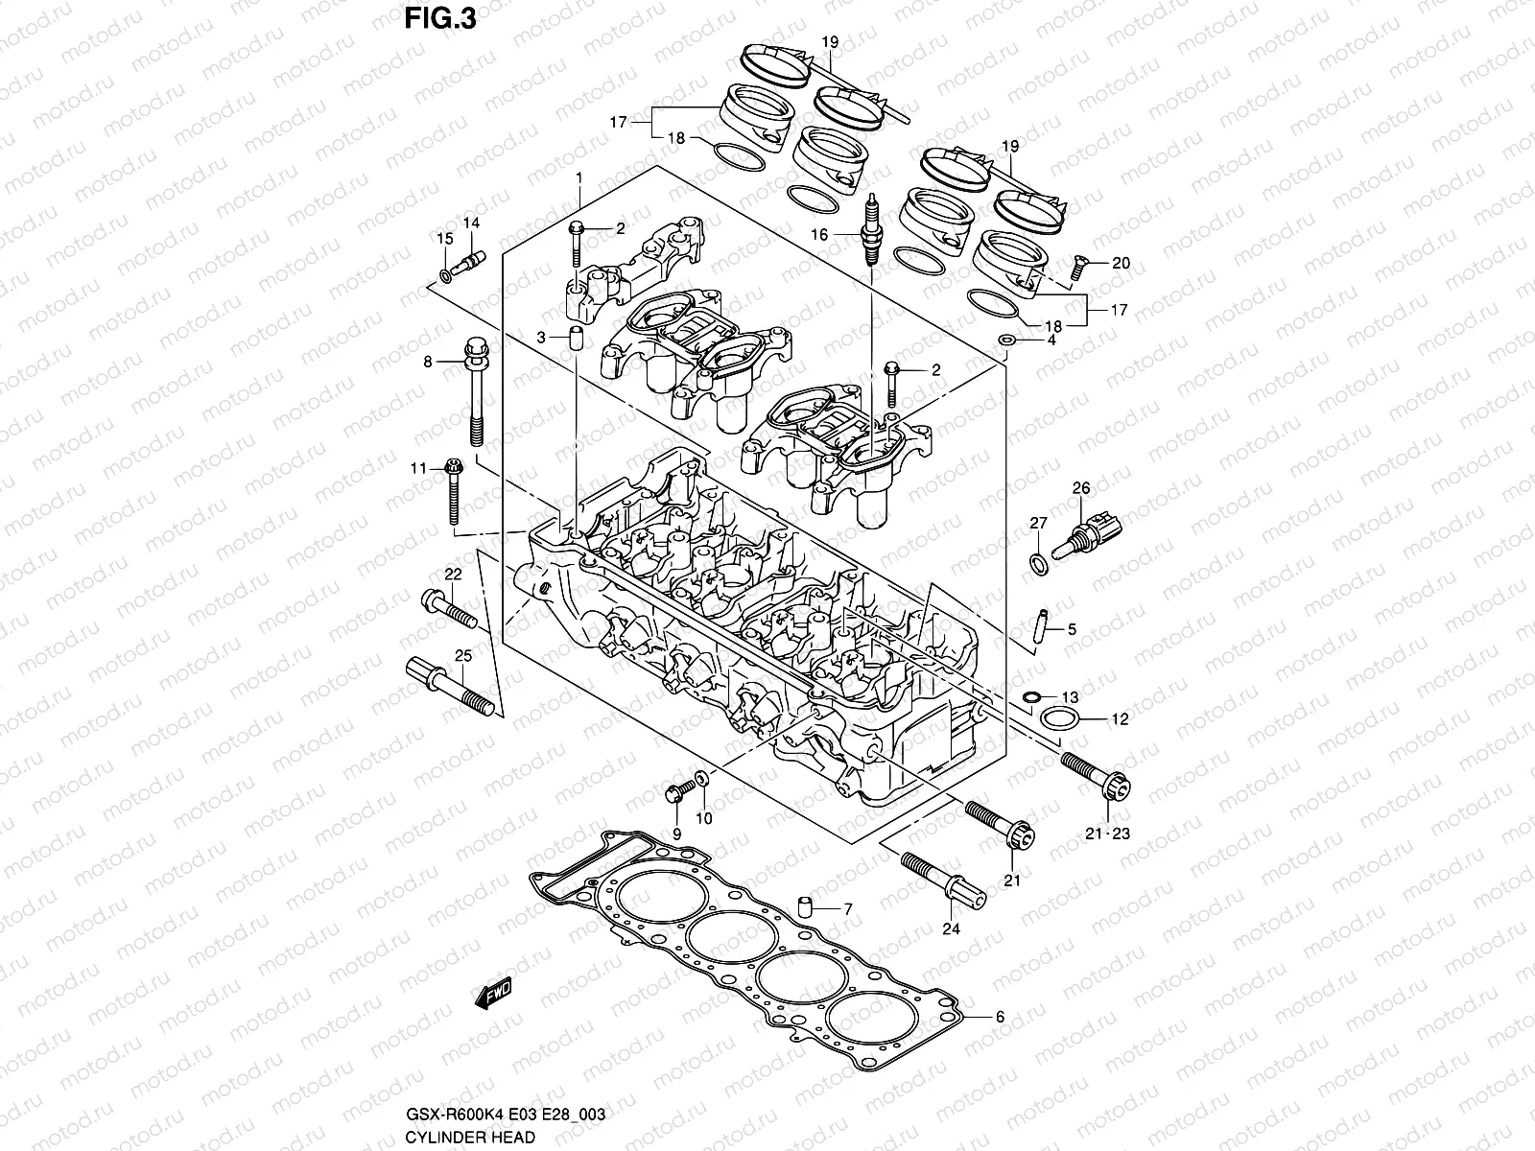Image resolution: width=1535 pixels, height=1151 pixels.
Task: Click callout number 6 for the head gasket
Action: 1000,1018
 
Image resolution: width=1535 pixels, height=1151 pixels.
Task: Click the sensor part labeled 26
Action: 1090,533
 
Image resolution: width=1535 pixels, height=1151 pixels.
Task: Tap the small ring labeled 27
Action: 1038,563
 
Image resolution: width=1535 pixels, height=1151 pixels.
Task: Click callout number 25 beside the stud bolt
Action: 463,656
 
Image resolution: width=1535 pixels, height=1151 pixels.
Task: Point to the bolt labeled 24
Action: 943,878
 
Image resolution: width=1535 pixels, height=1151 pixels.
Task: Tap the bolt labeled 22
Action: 448,610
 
